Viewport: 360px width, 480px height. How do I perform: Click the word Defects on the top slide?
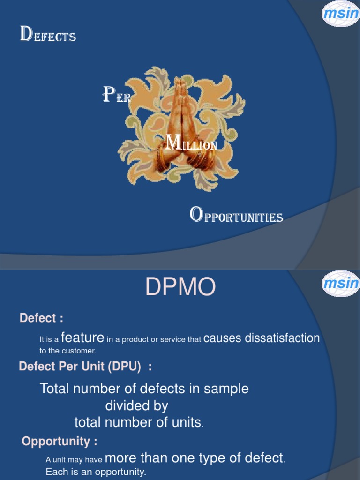tap(48, 36)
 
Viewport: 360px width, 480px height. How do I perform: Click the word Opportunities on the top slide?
tap(236, 216)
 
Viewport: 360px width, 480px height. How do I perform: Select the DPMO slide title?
tap(180, 288)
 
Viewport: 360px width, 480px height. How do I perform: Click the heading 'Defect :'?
tap(41, 318)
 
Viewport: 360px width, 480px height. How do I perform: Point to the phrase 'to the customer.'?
tap(67, 351)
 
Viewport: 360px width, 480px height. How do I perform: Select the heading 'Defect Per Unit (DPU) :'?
tap(85, 367)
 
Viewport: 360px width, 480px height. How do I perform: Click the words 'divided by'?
tap(136, 405)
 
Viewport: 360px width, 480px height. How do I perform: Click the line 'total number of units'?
tap(138, 422)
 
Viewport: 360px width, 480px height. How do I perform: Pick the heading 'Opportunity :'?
tap(60, 442)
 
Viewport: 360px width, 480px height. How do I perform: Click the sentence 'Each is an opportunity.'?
tap(96, 472)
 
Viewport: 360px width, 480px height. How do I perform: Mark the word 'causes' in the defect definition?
tap(222, 338)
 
